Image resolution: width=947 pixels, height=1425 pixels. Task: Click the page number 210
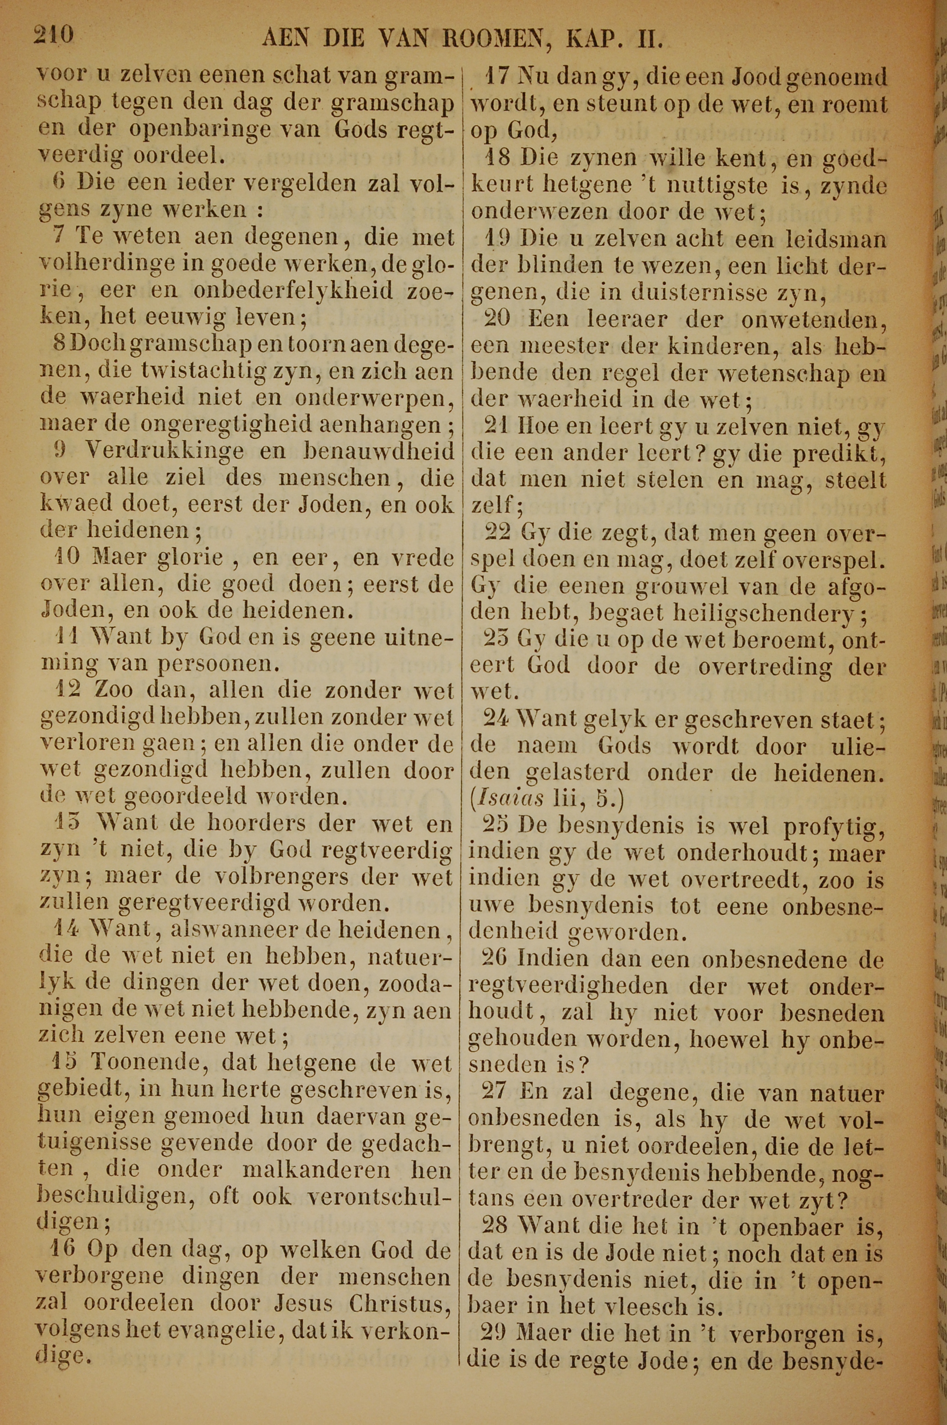pyautogui.click(x=54, y=36)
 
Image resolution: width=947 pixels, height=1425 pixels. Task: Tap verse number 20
pyautogui.click(x=497, y=319)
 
